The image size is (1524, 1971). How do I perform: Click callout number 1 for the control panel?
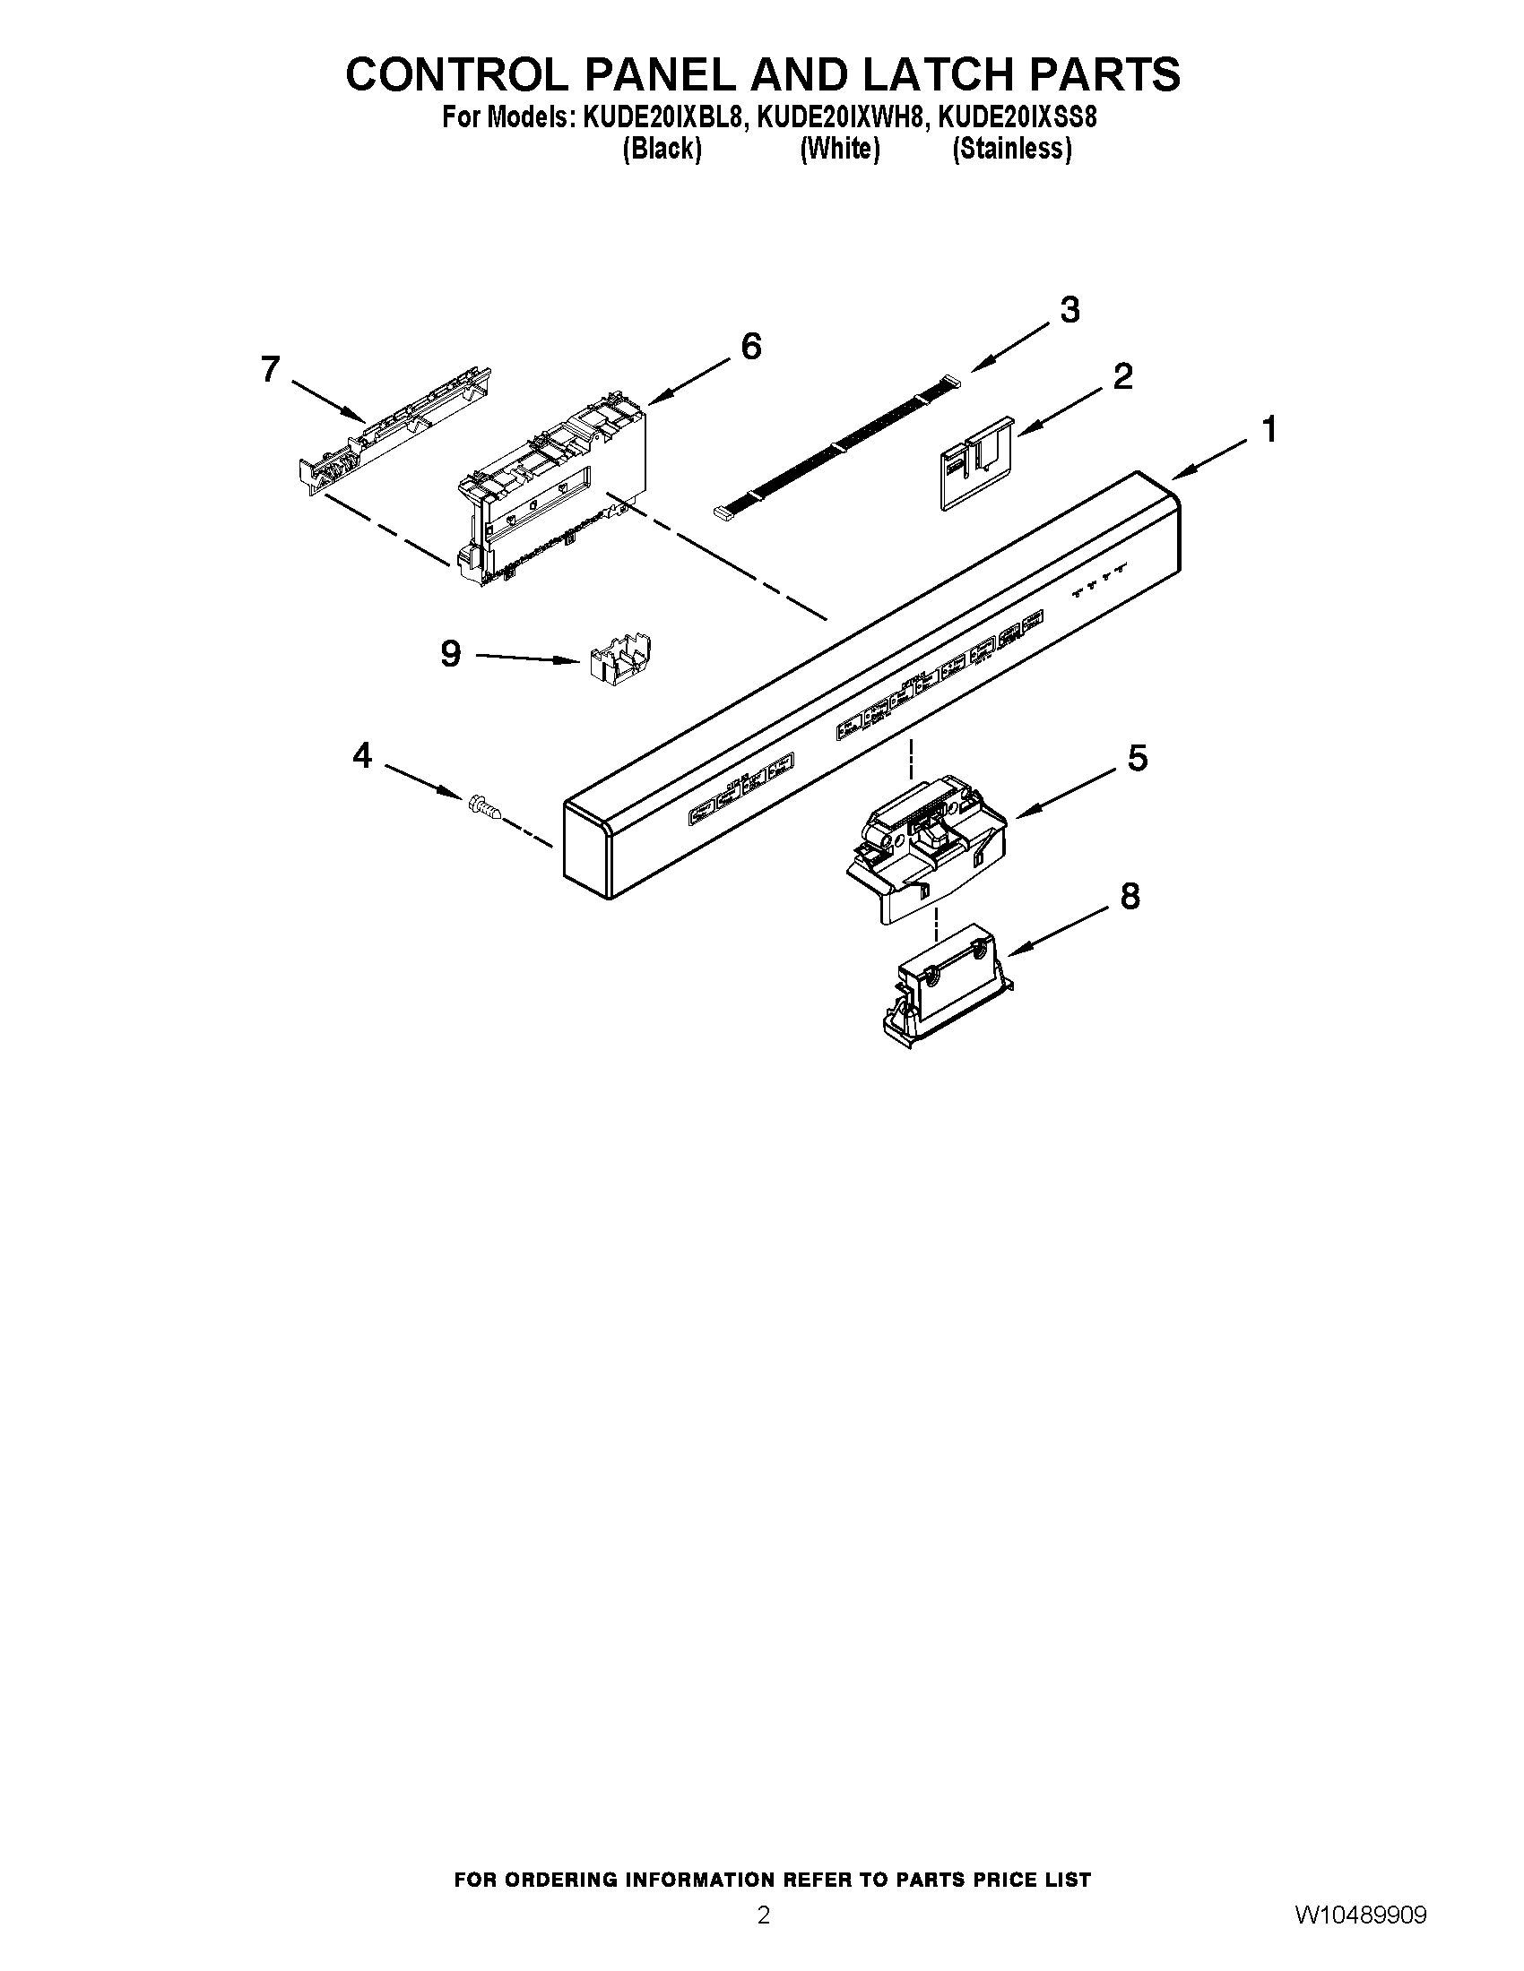pos(1269,429)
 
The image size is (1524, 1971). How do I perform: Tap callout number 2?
pos(1122,375)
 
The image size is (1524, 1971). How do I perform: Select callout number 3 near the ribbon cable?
pos(1069,311)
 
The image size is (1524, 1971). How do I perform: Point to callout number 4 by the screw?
pos(362,755)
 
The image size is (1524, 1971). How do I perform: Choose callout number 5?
pos(1137,758)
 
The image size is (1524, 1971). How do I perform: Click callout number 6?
pos(750,347)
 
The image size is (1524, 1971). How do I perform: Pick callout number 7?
pos(270,369)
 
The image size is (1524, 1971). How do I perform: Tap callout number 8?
pos(1130,896)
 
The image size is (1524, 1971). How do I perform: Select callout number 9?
pos(451,653)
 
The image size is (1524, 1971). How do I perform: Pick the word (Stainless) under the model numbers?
pos(1012,149)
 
